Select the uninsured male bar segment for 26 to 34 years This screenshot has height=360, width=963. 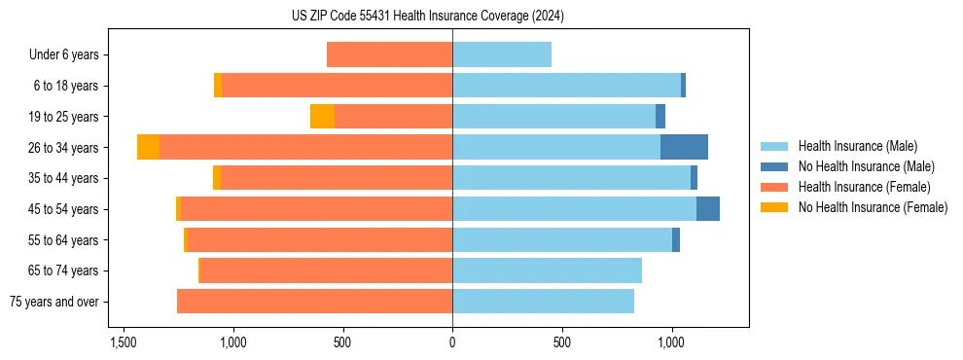pyautogui.click(x=684, y=147)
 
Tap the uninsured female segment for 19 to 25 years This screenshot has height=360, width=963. pyautogui.click(x=322, y=117)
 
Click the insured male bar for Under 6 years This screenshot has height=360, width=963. pyautogui.click(x=502, y=54)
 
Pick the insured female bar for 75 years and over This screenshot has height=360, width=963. pyautogui.click(x=314, y=302)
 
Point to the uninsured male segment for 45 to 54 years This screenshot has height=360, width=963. pyautogui.click(x=708, y=209)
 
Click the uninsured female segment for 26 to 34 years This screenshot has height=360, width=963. pyautogui.click(x=148, y=147)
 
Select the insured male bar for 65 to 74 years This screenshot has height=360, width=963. pyautogui.click(x=547, y=270)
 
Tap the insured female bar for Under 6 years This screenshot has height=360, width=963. pyautogui.click(x=389, y=54)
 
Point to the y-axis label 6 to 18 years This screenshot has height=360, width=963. pyautogui.click(x=66, y=86)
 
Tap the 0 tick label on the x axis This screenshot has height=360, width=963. pyautogui.click(x=452, y=343)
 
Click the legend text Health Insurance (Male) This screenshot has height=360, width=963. pyautogui.click(x=857, y=146)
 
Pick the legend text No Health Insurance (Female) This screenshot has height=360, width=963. pyautogui.click(x=873, y=207)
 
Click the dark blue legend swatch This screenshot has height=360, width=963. pyautogui.click(x=774, y=166)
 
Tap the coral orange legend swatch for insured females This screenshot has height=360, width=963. pyautogui.click(x=774, y=187)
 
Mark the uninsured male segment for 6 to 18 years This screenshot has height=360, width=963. pyautogui.click(x=683, y=86)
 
